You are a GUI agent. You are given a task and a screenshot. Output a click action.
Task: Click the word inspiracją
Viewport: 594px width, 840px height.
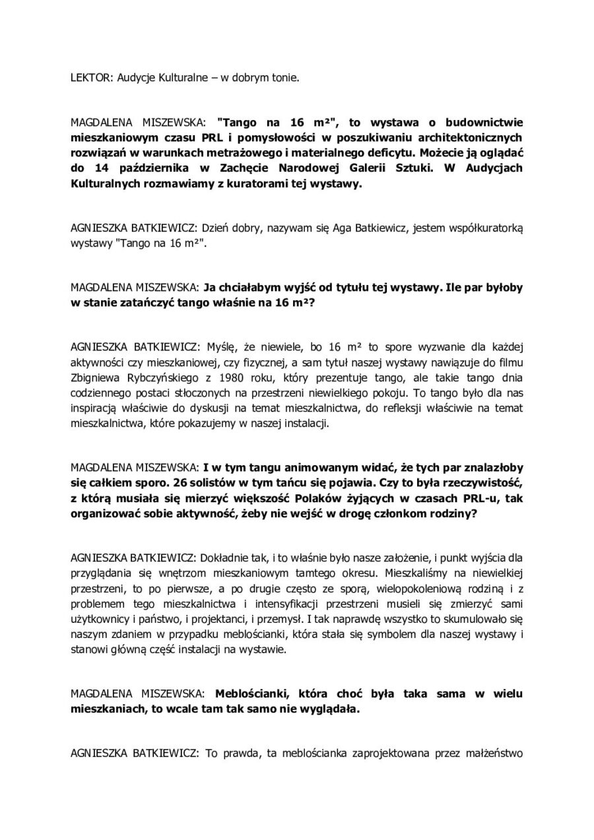[98, 408]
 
